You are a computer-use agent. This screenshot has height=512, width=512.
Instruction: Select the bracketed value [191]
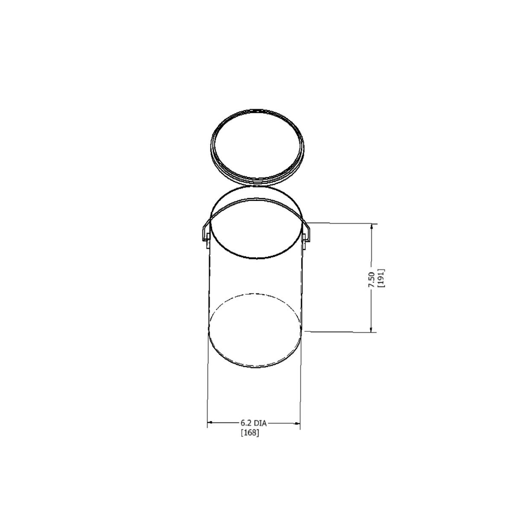[381, 277]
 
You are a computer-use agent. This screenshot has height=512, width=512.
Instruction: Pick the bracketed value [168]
[250, 432]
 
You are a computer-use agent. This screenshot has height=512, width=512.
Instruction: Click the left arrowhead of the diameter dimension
[210, 422]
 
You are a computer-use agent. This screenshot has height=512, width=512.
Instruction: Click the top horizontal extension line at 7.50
[340, 223]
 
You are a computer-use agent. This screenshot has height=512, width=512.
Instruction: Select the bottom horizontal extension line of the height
[340, 331]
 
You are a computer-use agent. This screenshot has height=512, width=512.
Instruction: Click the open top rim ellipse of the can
[255, 258]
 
